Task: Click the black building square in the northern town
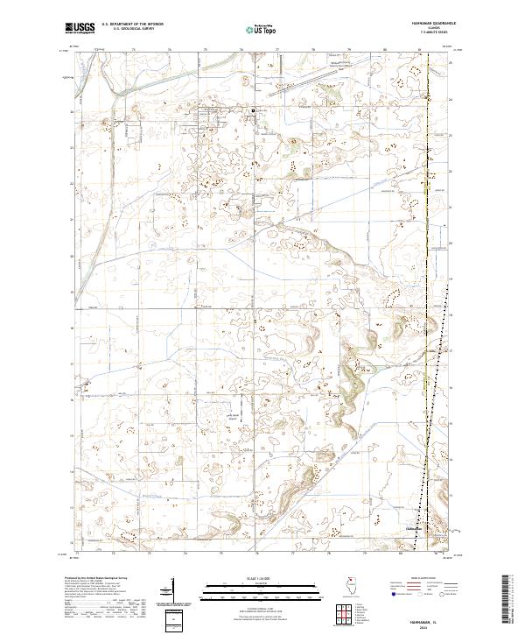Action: tap(255, 110)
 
